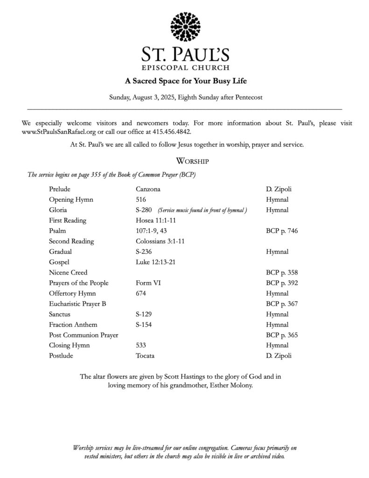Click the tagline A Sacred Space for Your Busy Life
click(x=186, y=81)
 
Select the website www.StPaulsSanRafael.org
click(x=58, y=132)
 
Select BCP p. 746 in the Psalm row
click(x=282, y=231)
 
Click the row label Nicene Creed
click(x=68, y=273)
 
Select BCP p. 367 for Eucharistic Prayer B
click(x=282, y=304)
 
